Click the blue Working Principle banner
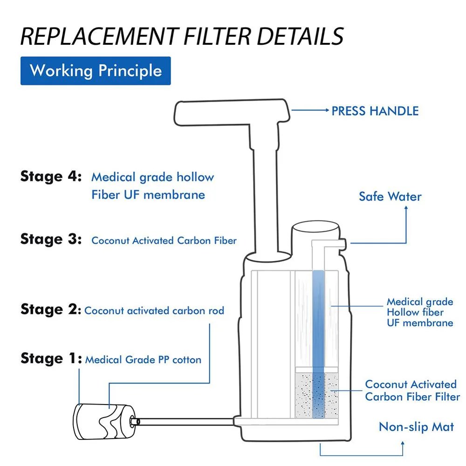(96, 71)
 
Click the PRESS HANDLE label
(375, 111)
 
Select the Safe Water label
(390, 196)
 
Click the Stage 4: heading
(51, 177)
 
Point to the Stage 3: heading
(51, 240)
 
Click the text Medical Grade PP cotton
(143, 360)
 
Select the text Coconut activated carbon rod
(154, 310)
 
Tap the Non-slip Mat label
(416, 426)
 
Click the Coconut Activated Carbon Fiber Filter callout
(412, 391)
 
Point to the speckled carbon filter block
(317, 391)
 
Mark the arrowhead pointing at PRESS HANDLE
(326, 110)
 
